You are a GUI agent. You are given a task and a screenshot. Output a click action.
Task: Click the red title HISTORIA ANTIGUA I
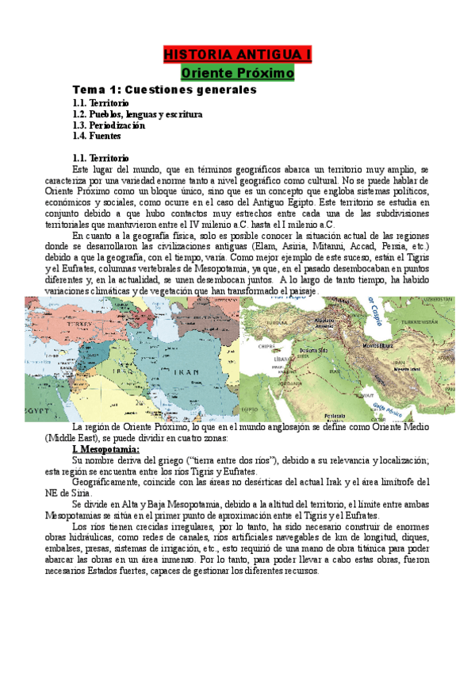tap(237, 55)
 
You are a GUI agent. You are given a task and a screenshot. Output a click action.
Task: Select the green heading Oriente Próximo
tap(237, 74)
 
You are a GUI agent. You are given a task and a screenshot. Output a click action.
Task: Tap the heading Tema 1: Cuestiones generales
tap(164, 90)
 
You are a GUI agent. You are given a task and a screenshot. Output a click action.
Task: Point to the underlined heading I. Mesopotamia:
tap(105, 450)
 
